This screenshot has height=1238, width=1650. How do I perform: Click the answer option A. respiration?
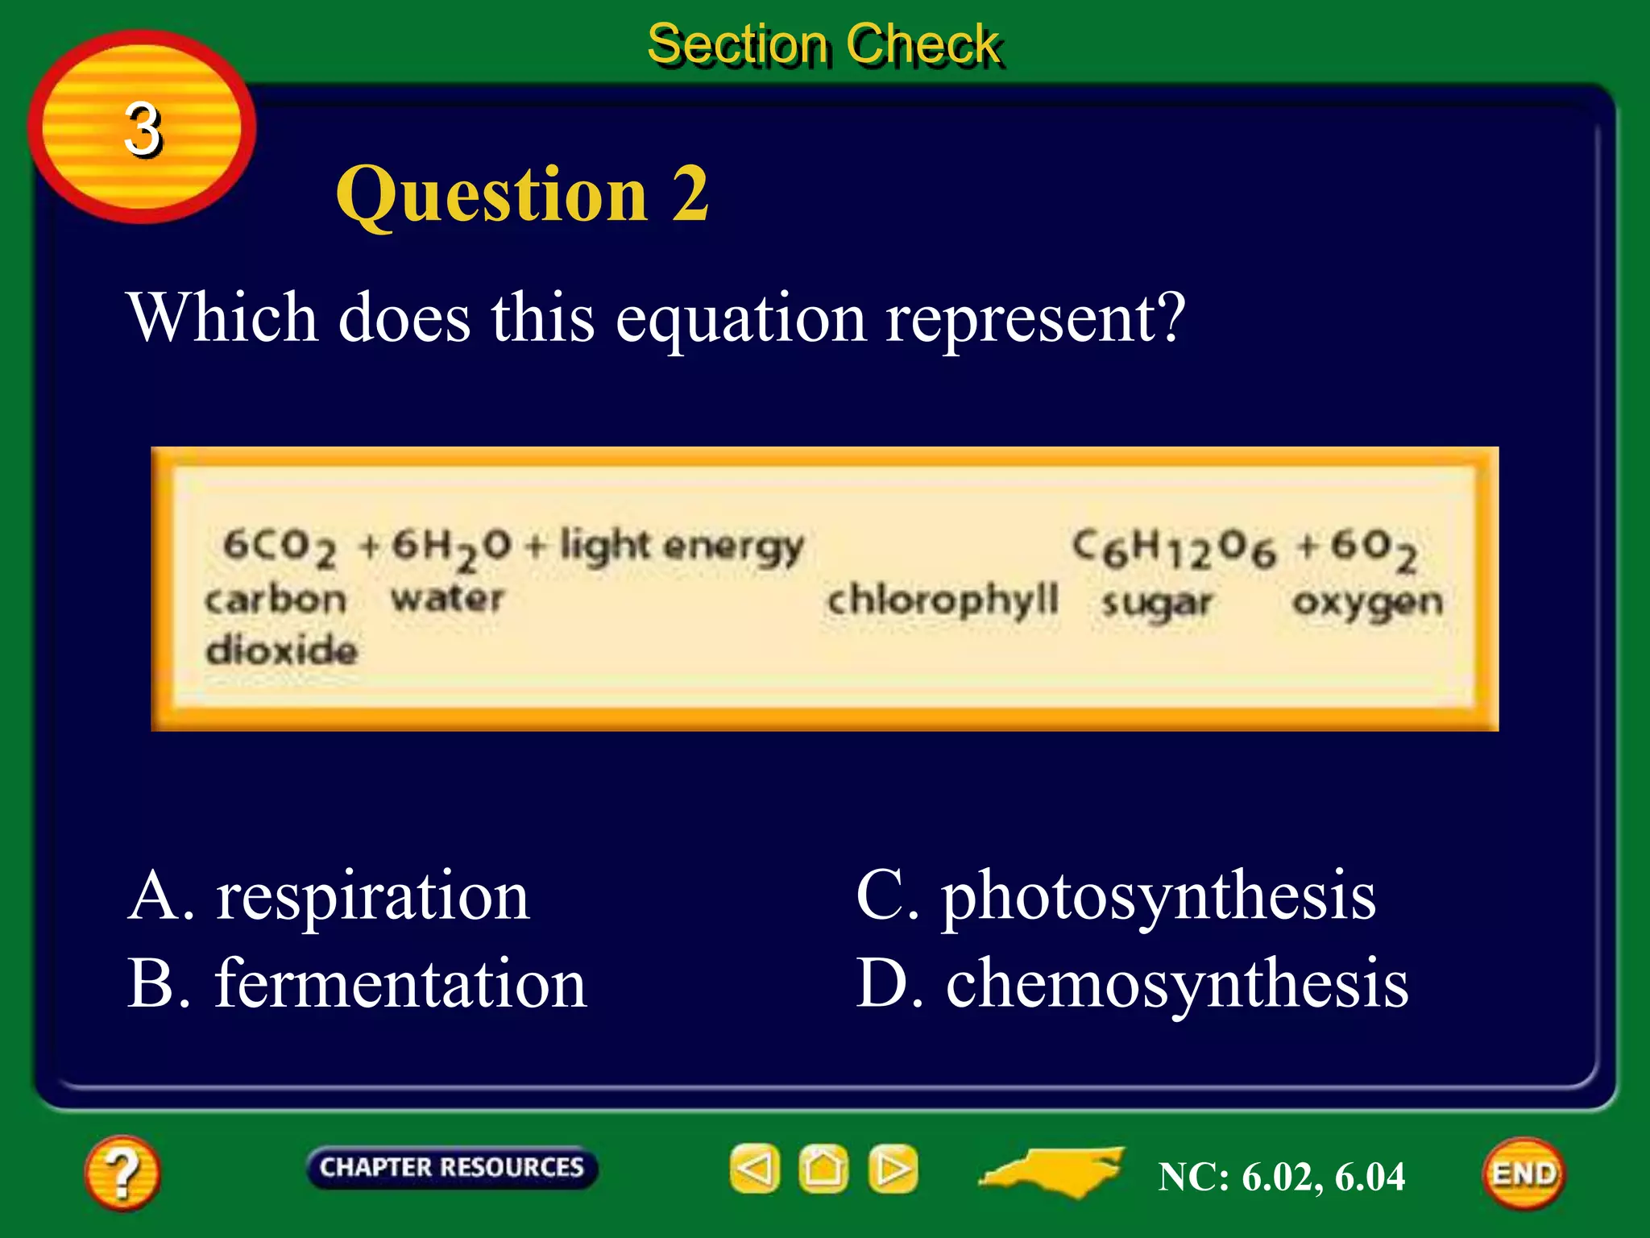coord(329,896)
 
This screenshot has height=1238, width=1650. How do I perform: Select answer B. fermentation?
coord(357,984)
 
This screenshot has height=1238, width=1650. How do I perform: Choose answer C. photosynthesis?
coord(1116,896)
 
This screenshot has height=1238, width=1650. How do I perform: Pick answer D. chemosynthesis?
coord(1132,984)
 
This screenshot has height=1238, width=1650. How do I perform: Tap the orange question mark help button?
coord(122,1173)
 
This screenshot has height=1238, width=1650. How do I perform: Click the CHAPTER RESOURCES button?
coord(451,1167)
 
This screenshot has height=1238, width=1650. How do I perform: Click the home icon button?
coord(823,1169)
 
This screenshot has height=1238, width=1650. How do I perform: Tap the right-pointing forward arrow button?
coord(893,1169)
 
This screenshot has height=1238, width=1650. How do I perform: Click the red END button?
coord(1524,1174)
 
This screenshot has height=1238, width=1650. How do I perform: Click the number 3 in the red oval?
coord(143,129)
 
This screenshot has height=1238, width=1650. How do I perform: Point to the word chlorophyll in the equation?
coord(943,600)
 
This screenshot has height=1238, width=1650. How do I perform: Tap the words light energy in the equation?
coord(682,546)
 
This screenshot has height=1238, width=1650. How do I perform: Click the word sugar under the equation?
coord(1157,603)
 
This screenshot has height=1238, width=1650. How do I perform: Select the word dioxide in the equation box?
coord(281,650)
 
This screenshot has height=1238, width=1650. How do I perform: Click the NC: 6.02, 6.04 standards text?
coord(1281,1177)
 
